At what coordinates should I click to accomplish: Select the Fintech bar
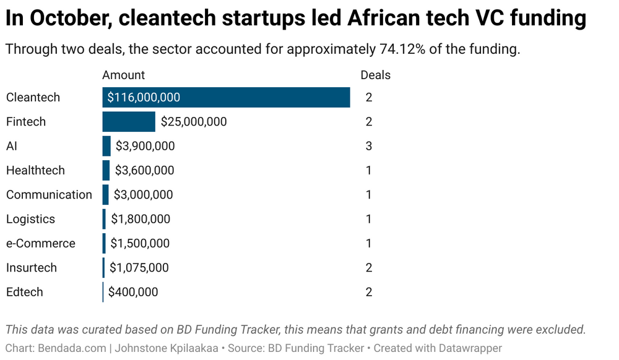coord(129,122)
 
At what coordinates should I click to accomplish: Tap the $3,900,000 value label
coord(145,146)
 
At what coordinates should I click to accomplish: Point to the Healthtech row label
coord(35,170)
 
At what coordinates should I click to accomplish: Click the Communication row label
coord(49,195)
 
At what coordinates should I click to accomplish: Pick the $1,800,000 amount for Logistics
coord(141,219)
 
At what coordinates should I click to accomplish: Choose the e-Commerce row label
coord(41,244)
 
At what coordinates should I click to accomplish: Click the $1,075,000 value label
coord(139,268)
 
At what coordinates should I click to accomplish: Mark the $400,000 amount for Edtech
coord(133,292)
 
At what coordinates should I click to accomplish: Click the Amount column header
coord(123,75)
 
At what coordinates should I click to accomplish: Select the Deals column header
coord(376,75)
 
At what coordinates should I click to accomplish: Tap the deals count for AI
coord(369,146)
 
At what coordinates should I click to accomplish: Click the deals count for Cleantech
coord(369,98)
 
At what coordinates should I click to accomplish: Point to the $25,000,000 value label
coord(194,122)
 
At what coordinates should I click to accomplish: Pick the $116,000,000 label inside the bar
coord(144,98)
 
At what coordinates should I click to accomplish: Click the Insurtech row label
coord(32,268)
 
